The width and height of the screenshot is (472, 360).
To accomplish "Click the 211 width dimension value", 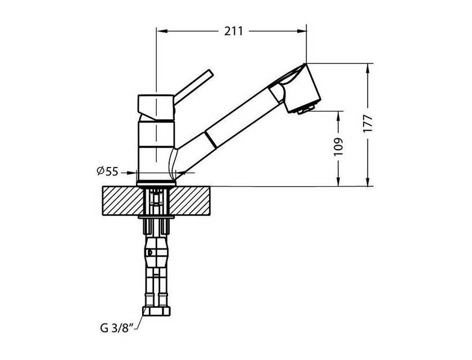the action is pos(233,31).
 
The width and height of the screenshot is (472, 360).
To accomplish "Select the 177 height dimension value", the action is pos(368,123).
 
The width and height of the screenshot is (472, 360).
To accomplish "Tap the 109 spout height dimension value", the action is pos(339,147).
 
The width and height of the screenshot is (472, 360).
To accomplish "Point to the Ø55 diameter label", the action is pos(107,172).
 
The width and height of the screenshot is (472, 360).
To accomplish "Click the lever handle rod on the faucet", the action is pos(193,87).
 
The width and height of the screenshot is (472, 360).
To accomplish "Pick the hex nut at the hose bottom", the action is pos(156,311).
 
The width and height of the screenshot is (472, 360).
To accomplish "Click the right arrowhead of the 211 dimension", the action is pos(301,31).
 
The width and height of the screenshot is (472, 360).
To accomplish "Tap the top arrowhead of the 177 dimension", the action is pos(367,69).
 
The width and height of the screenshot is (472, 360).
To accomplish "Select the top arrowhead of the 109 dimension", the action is pos(339,116).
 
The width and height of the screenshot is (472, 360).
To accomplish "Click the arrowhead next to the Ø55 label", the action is pos(132,173).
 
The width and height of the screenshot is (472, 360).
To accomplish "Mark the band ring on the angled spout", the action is pos(210,139).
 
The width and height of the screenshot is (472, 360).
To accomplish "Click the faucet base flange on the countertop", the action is pos(156,183).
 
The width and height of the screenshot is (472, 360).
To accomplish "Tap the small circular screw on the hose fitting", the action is pos(149,252).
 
